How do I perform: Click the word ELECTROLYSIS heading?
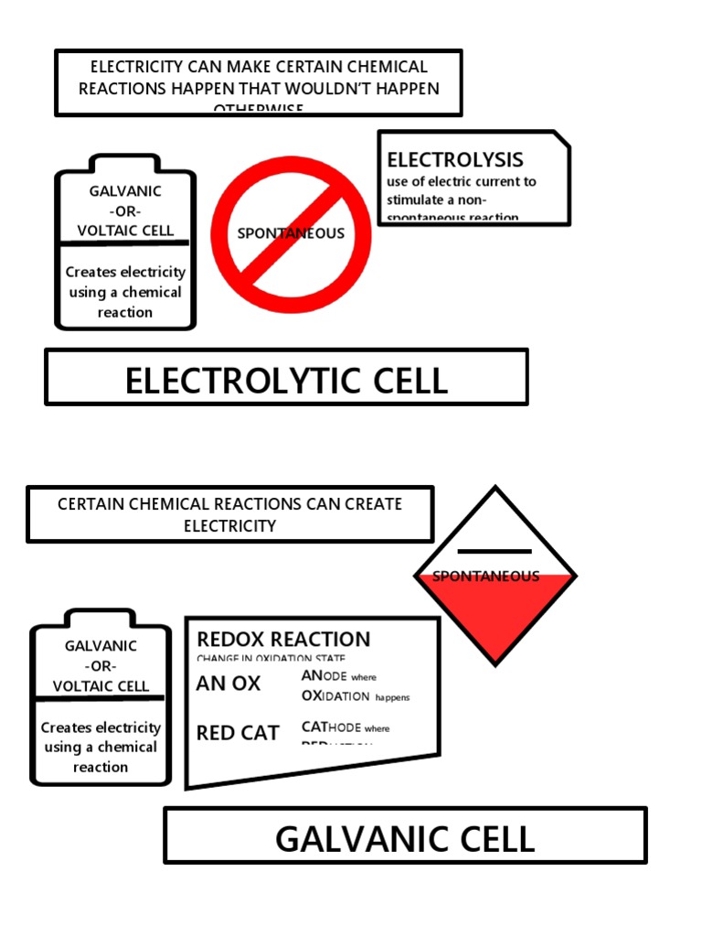(x=455, y=160)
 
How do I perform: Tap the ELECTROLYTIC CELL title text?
(x=286, y=381)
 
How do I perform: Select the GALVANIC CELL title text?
(x=405, y=838)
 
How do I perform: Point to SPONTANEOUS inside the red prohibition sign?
(x=291, y=233)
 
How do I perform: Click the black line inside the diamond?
(x=495, y=552)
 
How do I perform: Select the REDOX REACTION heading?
(x=283, y=640)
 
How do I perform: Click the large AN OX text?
(x=229, y=684)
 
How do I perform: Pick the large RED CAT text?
(x=238, y=733)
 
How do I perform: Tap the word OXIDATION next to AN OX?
(x=335, y=696)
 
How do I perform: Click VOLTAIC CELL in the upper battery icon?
(x=125, y=231)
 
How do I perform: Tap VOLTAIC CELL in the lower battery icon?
(x=101, y=686)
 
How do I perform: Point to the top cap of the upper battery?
(x=125, y=163)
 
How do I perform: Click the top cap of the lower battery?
(x=101, y=618)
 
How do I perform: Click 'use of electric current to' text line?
(x=461, y=181)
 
